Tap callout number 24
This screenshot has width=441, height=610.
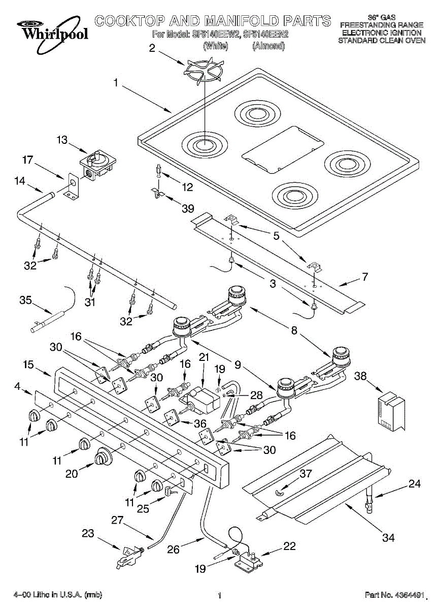(415, 484)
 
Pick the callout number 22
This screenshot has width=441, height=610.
(289, 546)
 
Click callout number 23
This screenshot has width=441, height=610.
(88, 534)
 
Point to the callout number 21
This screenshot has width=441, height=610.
(204, 357)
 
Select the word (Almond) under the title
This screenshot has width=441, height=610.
(268, 46)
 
